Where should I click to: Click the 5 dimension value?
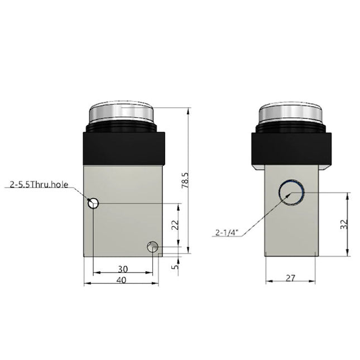point(175,267)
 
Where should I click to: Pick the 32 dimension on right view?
point(344,223)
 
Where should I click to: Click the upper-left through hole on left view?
point(94,203)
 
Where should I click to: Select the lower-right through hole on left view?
point(152,246)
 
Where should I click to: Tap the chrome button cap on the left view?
point(123,116)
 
